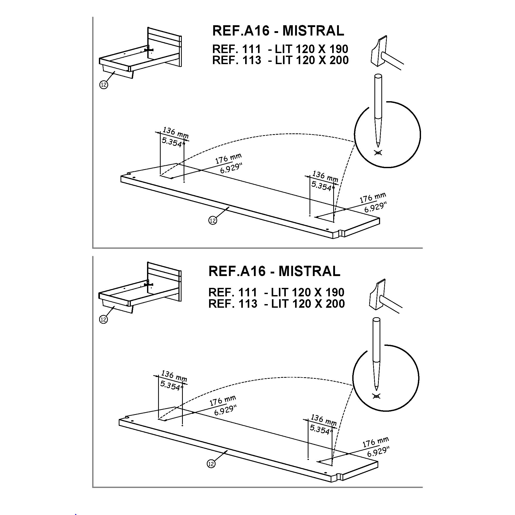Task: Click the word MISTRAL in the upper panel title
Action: click(x=313, y=31)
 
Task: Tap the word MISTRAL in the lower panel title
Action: click(x=310, y=271)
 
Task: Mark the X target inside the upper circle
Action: click(x=378, y=153)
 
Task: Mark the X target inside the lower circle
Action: click(x=376, y=396)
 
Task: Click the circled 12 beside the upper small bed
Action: click(x=104, y=85)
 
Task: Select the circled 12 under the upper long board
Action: click(x=212, y=220)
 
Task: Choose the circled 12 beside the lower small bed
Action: click(x=103, y=319)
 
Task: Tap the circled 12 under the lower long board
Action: click(x=211, y=464)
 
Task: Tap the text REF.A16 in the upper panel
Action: click(x=241, y=31)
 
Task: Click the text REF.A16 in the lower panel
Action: click(x=237, y=271)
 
